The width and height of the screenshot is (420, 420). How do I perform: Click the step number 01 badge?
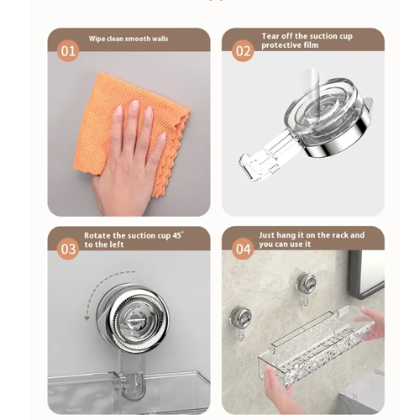(x=68, y=50)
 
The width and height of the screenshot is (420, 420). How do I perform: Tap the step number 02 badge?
(x=243, y=50)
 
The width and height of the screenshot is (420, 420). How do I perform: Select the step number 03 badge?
(x=68, y=249)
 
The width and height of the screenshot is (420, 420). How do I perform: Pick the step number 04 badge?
(x=243, y=249)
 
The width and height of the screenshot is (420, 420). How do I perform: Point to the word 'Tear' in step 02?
(x=270, y=36)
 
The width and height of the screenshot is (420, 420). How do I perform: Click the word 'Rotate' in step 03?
(x=97, y=236)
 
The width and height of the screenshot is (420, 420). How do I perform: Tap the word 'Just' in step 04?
(x=268, y=236)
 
